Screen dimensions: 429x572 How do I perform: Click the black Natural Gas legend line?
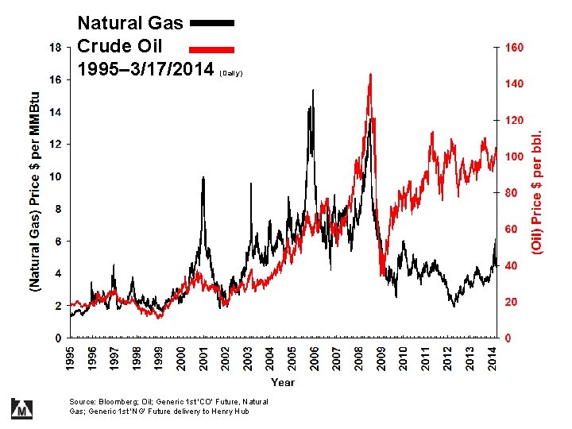(212, 24)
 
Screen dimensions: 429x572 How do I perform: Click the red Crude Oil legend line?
(212, 46)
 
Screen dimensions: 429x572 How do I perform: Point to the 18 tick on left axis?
(55, 48)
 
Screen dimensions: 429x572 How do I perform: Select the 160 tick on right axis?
(515, 48)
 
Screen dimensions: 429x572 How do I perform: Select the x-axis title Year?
(282, 383)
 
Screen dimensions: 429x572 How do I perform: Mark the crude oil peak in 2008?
(369, 75)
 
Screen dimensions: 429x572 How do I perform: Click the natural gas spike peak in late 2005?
(312, 90)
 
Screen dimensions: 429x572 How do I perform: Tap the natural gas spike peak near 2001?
(203, 177)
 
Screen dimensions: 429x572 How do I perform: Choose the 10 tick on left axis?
(55, 176)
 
